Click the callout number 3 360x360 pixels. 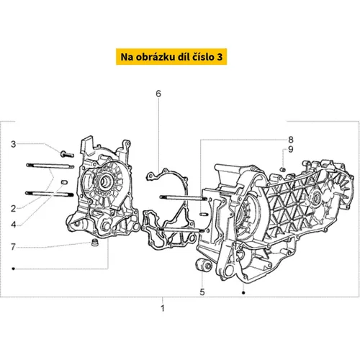tap(14, 144)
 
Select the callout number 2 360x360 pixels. tap(13, 209)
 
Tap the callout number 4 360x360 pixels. tap(14, 225)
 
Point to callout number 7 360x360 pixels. tap(13, 247)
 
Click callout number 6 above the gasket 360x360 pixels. tap(158, 94)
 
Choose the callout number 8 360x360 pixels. tap(291, 140)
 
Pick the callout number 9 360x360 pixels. tap(291, 149)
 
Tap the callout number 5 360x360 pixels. tap(202, 292)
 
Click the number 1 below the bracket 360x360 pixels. tap(163, 308)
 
